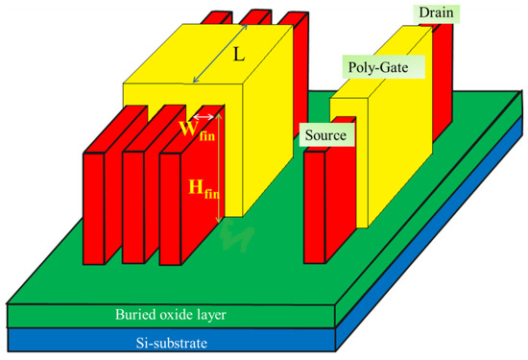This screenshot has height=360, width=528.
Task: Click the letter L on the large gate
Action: coord(239,57)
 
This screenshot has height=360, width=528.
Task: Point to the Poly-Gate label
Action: coord(376,67)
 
